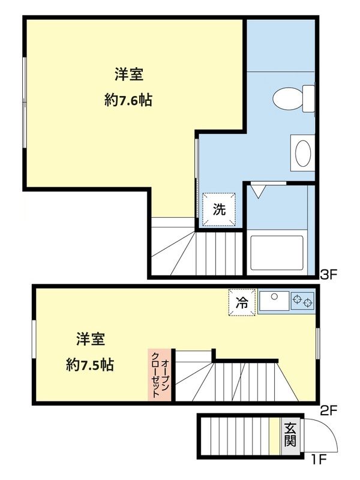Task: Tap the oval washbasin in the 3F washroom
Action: coord(302,153)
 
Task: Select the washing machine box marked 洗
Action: coord(220,209)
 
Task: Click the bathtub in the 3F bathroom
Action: coord(277,254)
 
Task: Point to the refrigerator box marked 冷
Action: coord(241,303)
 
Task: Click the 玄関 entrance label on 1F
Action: coord(290,435)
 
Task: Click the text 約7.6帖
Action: coord(128,101)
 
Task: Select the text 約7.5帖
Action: coord(91,364)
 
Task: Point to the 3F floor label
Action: coord(330,275)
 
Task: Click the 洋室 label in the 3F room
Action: coord(128,75)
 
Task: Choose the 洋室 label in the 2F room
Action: coord(91,339)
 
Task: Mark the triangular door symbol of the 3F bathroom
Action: coord(259,191)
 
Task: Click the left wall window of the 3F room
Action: coord(25,102)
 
